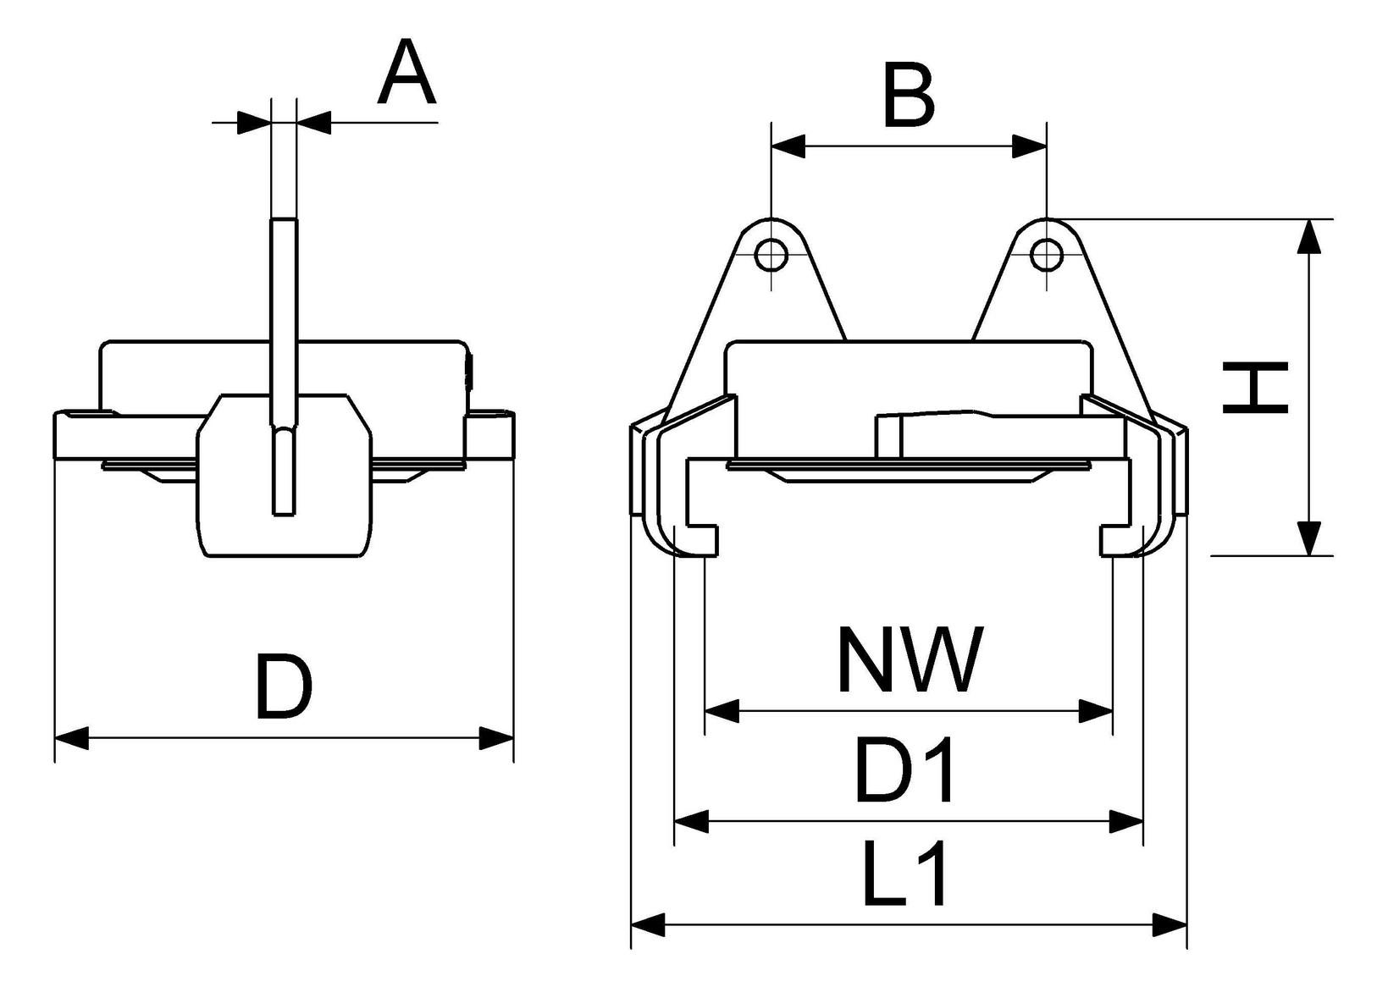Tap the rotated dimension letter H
click(1255, 389)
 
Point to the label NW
click(910, 659)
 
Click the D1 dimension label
click(906, 770)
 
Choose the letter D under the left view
click(285, 686)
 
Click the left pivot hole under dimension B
click(771, 253)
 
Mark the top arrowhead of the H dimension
click(1309, 236)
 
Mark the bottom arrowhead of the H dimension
click(1309, 538)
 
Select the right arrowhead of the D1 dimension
click(1126, 820)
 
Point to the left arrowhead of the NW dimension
click(722, 711)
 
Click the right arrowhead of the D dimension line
click(496, 737)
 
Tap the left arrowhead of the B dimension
click(788, 146)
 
